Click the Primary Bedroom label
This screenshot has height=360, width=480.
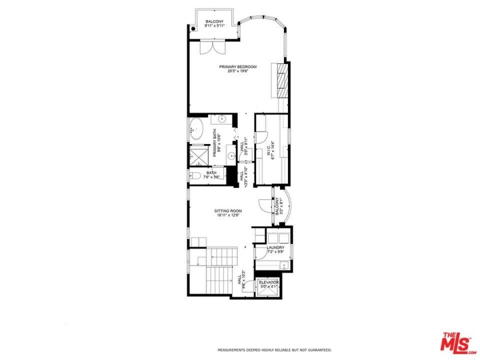click(238, 67)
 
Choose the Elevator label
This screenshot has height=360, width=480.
click(269, 282)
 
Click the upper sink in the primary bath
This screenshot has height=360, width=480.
click(222, 120)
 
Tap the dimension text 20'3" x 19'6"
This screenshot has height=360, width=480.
click(238, 71)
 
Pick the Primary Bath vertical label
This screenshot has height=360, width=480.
click(216, 145)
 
